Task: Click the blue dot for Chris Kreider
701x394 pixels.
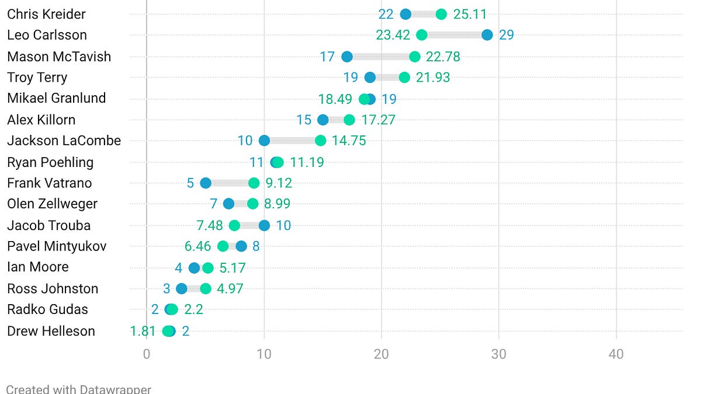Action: tap(405, 14)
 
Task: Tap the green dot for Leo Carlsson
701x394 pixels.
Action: tap(422, 35)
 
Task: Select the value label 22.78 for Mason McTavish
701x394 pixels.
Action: tap(443, 57)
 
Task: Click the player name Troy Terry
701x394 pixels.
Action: tap(37, 78)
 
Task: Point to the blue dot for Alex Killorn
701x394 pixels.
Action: tap(322, 120)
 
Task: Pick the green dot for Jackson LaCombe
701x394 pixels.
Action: tap(320, 141)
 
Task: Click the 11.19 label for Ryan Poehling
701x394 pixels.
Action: tap(307, 162)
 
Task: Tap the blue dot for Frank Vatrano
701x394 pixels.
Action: tap(205, 183)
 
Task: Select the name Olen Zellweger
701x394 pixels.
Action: tap(52, 204)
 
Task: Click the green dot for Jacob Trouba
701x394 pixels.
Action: tap(234, 225)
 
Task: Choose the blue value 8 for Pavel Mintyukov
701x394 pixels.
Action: tap(256, 246)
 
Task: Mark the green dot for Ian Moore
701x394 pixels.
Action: tap(208, 268)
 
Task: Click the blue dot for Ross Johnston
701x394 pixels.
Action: tap(182, 288)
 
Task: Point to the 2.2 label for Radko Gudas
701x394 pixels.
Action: tap(193, 309)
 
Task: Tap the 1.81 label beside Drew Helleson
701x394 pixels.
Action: tap(143, 331)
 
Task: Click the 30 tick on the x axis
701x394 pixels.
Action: tap(498, 354)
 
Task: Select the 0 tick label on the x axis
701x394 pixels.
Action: tap(147, 354)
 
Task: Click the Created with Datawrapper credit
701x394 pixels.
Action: tap(78, 389)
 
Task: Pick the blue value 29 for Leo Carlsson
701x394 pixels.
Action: tap(506, 35)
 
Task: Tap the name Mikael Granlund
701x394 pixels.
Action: tap(56, 98)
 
